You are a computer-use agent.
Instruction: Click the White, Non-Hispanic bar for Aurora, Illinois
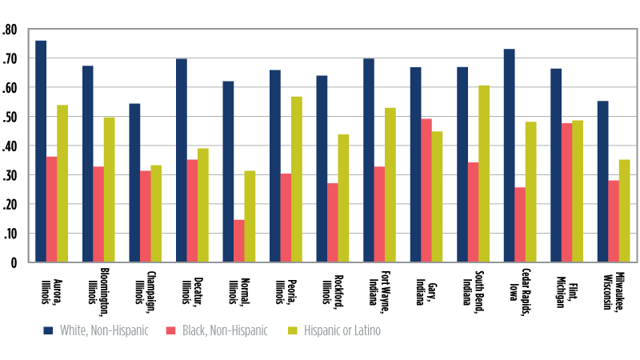41,151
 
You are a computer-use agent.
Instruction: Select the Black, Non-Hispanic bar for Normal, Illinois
238,241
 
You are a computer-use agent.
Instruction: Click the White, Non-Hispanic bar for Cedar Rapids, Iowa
510,155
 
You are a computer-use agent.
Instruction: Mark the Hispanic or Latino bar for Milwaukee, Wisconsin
625,210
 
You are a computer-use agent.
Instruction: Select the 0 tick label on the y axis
13,262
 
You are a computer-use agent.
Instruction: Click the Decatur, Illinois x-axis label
186,290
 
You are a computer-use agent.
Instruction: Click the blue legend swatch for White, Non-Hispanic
47,330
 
